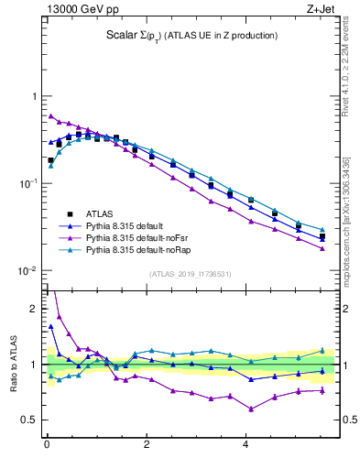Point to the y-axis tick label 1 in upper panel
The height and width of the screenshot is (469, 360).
point(34,96)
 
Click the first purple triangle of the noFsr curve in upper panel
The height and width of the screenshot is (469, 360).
point(50,116)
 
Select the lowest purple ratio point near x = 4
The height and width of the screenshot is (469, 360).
point(250,409)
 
